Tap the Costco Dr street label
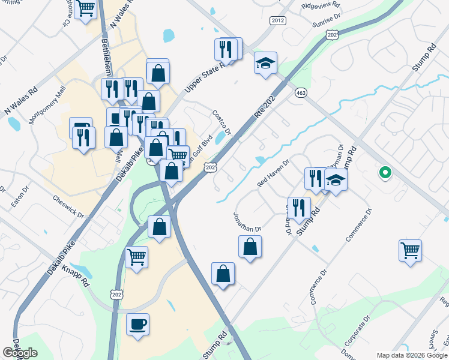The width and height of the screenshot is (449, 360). point(221,121)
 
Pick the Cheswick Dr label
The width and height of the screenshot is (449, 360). point(70,206)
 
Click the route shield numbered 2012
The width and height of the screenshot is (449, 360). point(277,20)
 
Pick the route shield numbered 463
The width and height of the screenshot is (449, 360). point(301,93)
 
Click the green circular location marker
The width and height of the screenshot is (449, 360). point(385,173)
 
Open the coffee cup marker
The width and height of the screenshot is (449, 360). point(138,325)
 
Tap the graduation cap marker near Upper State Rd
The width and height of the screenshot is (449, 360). point(265,64)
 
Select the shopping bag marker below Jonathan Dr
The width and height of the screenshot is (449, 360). point(250,247)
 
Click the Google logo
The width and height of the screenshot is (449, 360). point(20,353)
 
